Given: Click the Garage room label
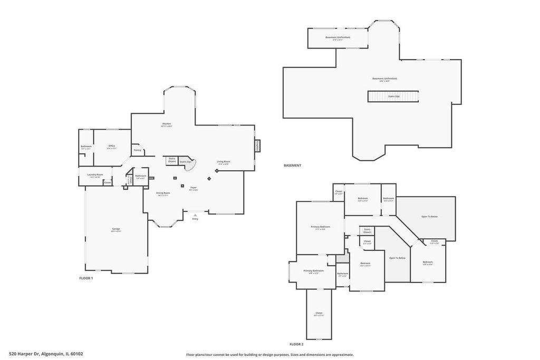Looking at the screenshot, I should point(116,229).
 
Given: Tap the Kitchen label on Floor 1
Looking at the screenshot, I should point(167,125).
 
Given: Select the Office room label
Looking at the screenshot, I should point(112,147).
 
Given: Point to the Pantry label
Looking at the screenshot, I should point(138,150).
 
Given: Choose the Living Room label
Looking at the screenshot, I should point(224,162).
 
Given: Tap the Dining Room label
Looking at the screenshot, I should point(163,193).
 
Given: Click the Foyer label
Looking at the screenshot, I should point(194,188).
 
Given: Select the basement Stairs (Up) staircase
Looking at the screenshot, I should point(393,96).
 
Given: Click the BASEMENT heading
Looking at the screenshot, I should point(292,166).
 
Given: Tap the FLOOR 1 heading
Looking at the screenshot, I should point(86,278).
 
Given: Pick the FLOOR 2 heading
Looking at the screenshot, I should point(296,344).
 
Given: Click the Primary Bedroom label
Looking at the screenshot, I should point(320,227).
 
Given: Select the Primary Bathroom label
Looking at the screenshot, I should point(314,271).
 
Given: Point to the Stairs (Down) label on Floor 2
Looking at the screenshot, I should point(367,230).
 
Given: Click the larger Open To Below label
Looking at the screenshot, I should point(429,217).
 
